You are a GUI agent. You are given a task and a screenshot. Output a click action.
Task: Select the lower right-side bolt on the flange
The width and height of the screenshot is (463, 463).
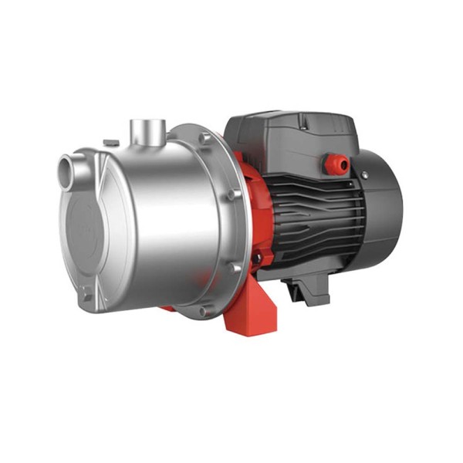coord(231,266)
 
